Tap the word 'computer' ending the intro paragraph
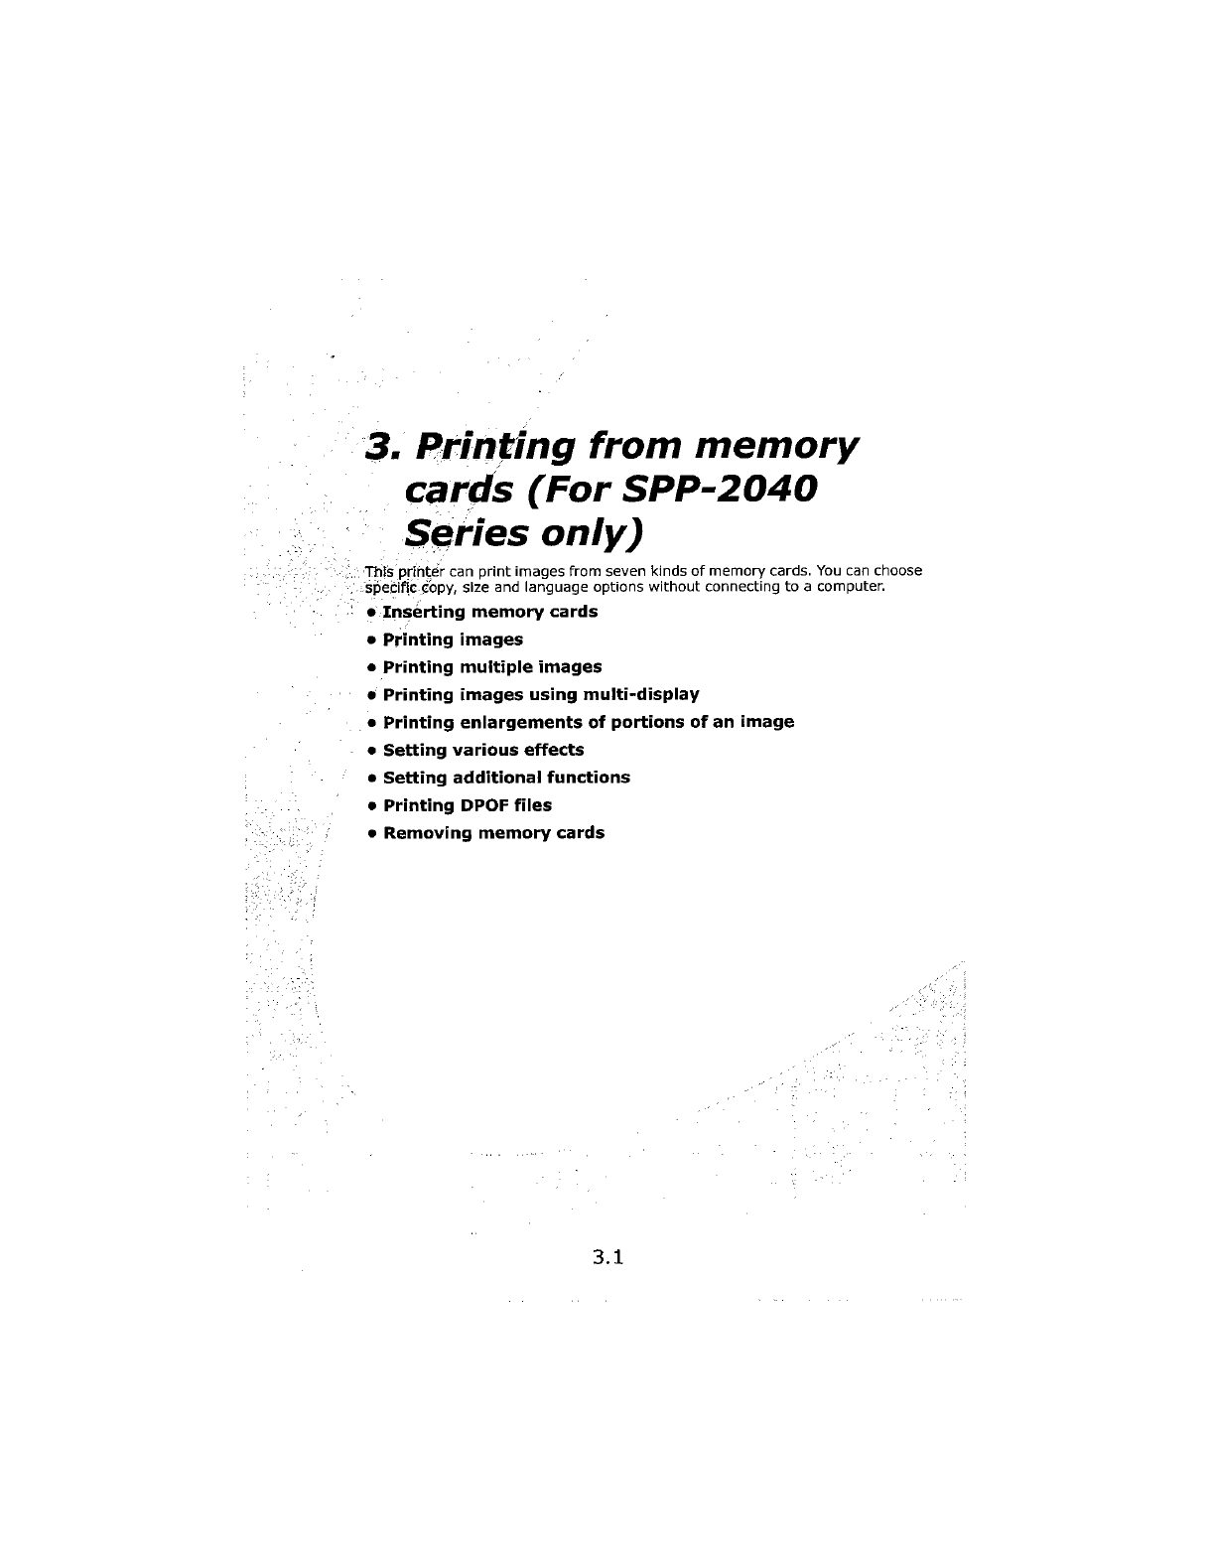pyautogui.click(x=848, y=586)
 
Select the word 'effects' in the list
pyautogui.click(x=554, y=750)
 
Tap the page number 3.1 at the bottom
pyautogui.click(x=606, y=1258)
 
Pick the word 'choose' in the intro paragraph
pyautogui.click(x=897, y=571)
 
